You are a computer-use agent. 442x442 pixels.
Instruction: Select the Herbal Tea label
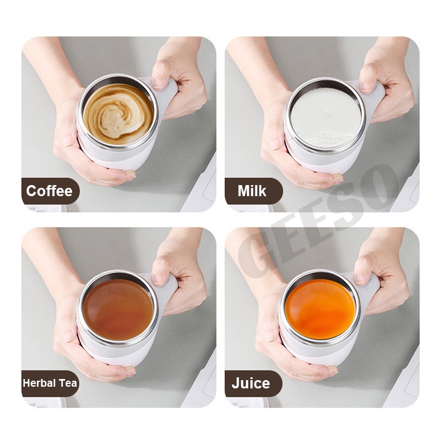click(50, 383)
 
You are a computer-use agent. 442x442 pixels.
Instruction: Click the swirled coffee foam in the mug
click(118, 114)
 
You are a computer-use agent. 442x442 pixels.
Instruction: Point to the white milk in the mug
click(325, 118)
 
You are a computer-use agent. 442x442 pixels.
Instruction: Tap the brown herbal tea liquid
click(118, 309)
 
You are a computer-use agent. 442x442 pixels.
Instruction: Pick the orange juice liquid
click(320, 309)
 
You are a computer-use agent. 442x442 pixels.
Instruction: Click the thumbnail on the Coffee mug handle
click(159, 83)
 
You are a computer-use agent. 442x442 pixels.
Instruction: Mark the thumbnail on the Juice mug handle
click(361, 278)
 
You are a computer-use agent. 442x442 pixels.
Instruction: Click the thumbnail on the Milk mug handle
click(366, 86)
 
